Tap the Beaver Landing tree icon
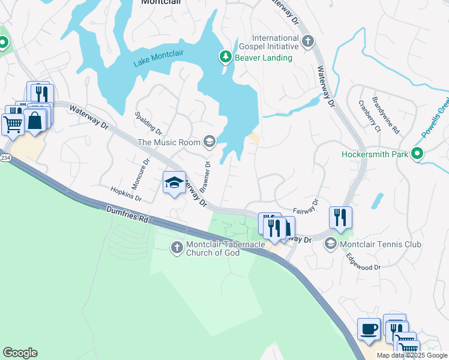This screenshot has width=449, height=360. [225, 58]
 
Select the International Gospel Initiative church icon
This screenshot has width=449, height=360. [308, 41]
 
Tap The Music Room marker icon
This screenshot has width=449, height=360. [209, 142]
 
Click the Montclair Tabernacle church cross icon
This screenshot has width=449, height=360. [176, 247]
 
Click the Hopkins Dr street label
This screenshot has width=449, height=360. [126, 193]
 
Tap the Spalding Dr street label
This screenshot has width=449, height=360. [148, 122]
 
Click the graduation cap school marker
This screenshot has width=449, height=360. [174, 183]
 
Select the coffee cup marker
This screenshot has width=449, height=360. [369, 329]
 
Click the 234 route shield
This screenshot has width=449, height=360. [5, 157]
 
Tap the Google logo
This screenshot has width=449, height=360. [20, 353]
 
